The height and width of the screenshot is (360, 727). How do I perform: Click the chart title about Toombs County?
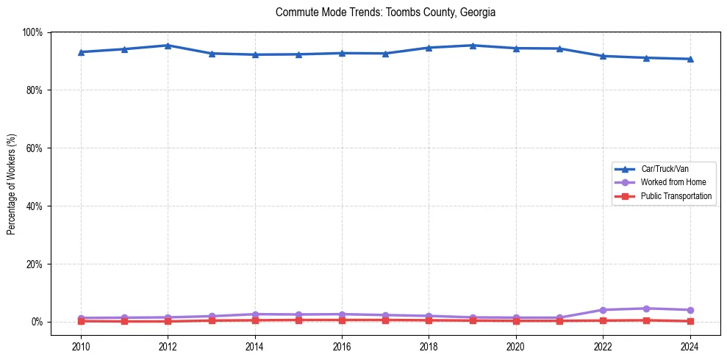click(x=385, y=12)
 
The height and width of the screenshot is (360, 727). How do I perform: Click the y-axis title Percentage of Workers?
click(x=12, y=184)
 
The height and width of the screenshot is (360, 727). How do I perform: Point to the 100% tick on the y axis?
click(x=32, y=32)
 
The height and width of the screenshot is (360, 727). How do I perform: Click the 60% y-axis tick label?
click(x=34, y=148)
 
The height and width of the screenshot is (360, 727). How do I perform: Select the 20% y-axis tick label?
click(x=34, y=264)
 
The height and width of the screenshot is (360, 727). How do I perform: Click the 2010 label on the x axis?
click(x=81, y=347)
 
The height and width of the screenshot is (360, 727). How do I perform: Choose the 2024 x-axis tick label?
click(x=690, y=347)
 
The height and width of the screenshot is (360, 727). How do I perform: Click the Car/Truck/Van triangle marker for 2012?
click(x=168, y=46)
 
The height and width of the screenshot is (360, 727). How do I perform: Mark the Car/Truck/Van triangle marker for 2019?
click(x=473, y=46)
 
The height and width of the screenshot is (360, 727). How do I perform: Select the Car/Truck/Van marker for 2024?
click(x=690, y=59)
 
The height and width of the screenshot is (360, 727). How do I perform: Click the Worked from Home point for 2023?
click(x=646, y=309)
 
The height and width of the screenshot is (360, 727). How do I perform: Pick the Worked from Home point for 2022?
click(x=603, y=310)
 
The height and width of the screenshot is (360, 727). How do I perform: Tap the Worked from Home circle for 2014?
click(x=254, y=314)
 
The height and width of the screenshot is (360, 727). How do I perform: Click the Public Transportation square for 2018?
click(x=429, y=320)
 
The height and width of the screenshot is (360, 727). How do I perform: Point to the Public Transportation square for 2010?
click(x=81, y=321)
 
